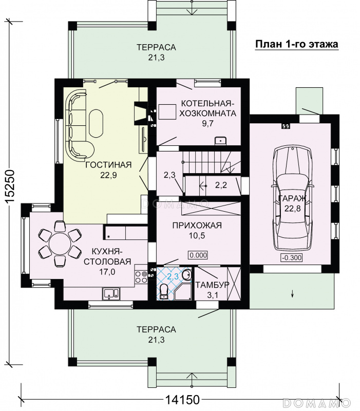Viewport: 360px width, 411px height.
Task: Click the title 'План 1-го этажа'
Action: click(x=297, y=44)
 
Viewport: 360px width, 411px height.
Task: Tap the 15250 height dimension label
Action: click(x=10, y=186)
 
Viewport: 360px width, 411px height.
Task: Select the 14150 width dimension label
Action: click(x=182, y=400)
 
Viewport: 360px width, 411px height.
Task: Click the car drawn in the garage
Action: click(x=293, y=198)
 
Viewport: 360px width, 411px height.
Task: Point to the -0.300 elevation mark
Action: click(x=292, y=257)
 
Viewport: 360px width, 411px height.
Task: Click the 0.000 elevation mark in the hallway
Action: click(x=198, y=255)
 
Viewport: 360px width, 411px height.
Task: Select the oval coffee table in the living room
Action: click(x=96, y=123)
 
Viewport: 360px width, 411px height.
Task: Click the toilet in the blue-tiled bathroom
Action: click(x=164, y=291)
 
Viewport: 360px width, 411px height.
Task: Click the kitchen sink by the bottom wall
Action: click(x=111, y=293)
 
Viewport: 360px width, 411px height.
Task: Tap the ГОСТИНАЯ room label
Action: click(x=108, y=165)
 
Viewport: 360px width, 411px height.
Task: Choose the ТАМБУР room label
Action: click(x=212, y=285)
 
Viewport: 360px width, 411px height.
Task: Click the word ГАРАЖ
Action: click(x=292, y=198)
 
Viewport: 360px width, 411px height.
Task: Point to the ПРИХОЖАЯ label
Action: click(x=197, y=226)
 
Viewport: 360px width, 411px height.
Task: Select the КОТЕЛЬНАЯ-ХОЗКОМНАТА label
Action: click(x=207, y=108)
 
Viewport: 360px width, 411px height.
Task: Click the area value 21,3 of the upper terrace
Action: click(x=157, y=58)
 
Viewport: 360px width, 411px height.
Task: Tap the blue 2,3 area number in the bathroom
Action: click(x=173, y=276)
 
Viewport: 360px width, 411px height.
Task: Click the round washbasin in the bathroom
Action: click(x=187, y=274)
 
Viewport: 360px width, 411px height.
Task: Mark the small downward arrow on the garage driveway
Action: click(x=292, y=294)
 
